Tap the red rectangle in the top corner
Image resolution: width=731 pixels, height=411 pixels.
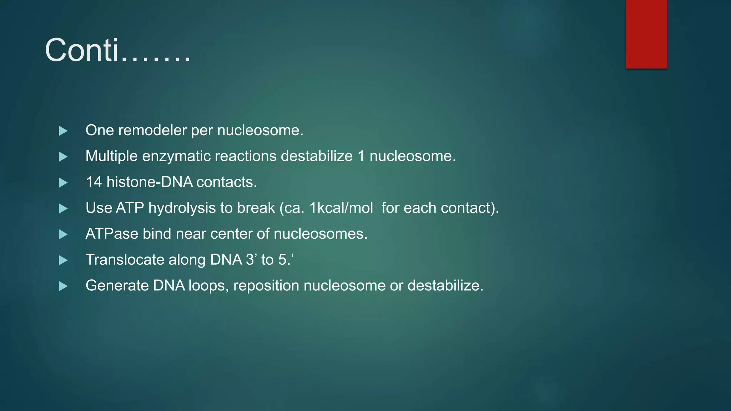coord(646,34)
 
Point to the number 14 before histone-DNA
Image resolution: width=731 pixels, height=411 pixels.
coord(94,182)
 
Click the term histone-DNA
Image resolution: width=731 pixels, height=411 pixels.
coord(150,182)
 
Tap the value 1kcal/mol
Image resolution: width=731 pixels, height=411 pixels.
coord(341,208)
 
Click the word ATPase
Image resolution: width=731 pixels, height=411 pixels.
coord(112,234)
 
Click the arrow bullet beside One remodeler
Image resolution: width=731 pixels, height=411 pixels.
coord(63,131)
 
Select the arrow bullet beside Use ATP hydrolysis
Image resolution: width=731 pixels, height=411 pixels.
coord(63,208)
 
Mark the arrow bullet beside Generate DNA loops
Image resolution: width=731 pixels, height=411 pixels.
coord(63,286)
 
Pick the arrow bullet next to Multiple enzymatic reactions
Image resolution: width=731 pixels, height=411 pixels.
coord(63,157)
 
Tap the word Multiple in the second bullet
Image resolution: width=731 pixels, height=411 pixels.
coord(111,156)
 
